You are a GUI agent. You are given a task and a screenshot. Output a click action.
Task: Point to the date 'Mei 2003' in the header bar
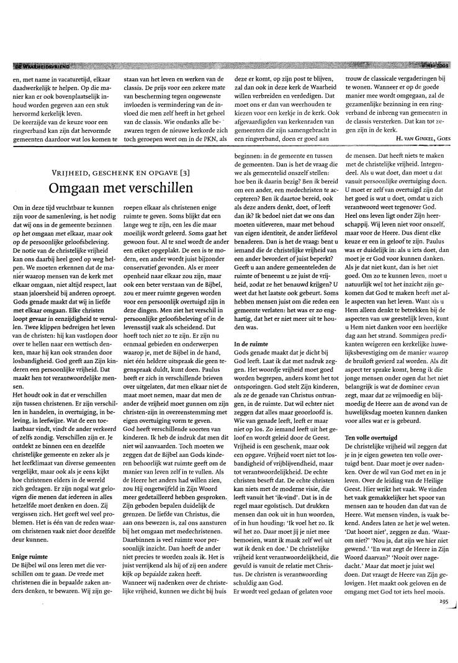click(434, 65)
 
